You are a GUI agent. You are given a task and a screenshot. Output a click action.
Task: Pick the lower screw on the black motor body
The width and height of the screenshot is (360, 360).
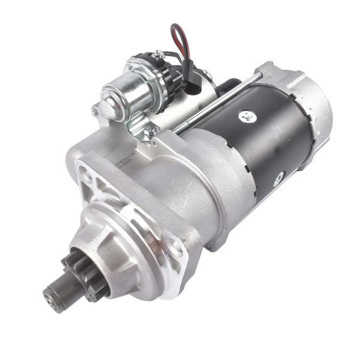278,178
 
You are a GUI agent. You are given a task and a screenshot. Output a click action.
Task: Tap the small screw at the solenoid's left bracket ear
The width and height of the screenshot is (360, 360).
94,111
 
